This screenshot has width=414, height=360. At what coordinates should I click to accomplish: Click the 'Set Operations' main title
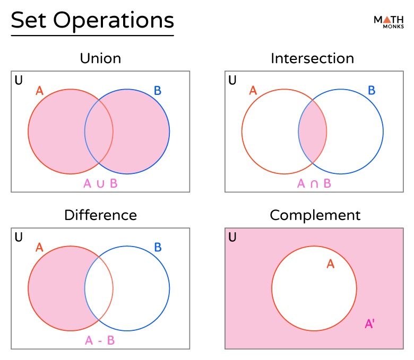point(92,20)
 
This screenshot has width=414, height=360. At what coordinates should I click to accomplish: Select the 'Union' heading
point(100,58)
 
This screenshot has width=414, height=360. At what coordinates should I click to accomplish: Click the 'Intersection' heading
point(312,58)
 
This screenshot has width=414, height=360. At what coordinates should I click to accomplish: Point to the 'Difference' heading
point(100,215)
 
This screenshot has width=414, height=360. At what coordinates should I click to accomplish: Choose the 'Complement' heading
point(315,215)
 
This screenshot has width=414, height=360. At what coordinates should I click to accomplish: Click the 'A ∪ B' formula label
point(100,184)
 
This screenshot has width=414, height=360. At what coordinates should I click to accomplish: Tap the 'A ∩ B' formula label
point(314,184)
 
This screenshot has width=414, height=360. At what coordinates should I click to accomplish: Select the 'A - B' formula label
point(100,340)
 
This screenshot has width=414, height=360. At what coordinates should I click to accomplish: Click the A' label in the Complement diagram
point(370,323)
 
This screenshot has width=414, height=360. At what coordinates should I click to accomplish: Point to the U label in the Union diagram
point(19,81)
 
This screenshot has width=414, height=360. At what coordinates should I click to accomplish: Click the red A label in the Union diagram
point(39,91)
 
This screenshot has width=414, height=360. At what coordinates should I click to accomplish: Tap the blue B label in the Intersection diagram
point(372,91)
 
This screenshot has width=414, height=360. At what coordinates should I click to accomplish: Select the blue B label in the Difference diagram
point(158,247)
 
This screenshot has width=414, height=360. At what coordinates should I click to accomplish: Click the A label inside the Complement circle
point(330,264)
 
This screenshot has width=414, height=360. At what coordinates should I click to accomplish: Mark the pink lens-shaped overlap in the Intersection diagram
point(313,131)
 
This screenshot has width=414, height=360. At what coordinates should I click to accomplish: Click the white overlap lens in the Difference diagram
point(99,289)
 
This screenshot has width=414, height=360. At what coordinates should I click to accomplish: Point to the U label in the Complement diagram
point(232,237)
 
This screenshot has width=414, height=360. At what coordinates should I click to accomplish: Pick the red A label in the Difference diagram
point(39,247)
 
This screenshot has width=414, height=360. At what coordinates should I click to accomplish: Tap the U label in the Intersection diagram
point(232,81)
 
